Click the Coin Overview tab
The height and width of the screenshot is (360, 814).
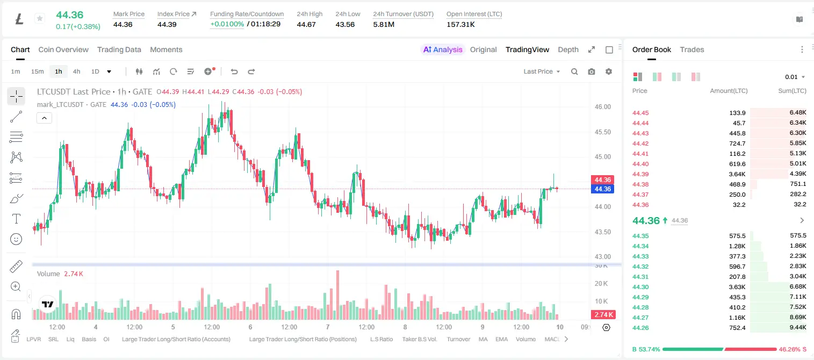(63, 49)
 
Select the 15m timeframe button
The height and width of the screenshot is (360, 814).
(37, 71)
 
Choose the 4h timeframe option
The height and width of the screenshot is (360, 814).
(76, 71)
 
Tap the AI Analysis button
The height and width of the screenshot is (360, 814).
(443, 49)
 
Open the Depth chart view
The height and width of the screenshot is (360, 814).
(568, 49)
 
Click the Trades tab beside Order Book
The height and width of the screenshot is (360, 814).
(692, 49)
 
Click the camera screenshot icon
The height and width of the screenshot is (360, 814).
(592, 71)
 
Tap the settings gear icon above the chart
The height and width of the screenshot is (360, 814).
(609, 71)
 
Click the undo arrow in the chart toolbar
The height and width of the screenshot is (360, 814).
(234, 71)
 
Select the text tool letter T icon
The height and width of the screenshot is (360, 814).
(16, 219)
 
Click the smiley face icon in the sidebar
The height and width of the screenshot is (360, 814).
(16, 239)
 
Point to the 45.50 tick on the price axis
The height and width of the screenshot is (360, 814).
(602, 132)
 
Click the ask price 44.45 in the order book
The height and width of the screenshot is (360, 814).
(640, 113)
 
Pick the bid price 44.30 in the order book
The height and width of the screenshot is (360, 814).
(640, 287)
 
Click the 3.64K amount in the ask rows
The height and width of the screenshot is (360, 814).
(737, 174)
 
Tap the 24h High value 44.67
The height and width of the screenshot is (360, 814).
(306, 24)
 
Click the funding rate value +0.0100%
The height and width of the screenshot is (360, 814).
(227, 24)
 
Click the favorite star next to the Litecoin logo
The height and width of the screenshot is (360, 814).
(40, 18)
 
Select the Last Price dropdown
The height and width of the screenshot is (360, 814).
(542, 71)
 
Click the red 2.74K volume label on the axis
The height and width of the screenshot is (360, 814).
(603, 314)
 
